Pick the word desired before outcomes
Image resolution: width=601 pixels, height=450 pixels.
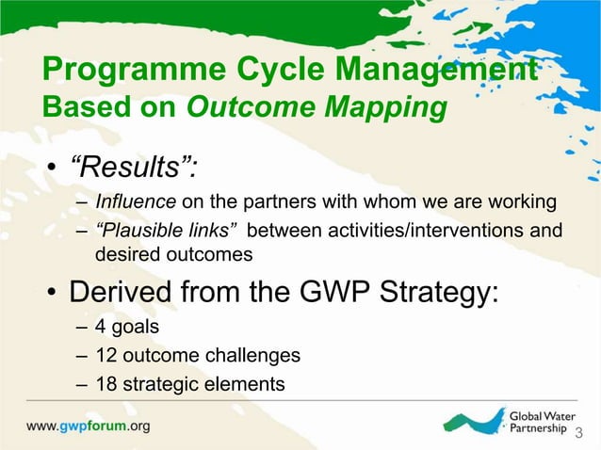click(123, 253)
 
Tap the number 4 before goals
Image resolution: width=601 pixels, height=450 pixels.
click(101, 327)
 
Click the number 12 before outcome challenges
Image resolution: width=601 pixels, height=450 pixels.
click(106, 355)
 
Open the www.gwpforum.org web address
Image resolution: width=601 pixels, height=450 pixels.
click(88, 426)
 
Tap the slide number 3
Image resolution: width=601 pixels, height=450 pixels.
click(579, 433)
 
